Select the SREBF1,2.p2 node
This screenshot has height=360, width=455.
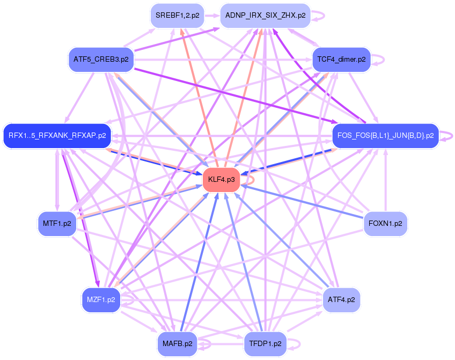point(177,16)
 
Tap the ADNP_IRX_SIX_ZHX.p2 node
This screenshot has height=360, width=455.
point(265,16)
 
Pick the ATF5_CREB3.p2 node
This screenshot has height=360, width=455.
point(101,59)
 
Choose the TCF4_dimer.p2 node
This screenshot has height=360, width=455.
point(341,59)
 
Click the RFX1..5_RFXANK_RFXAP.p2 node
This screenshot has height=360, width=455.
point(57,135)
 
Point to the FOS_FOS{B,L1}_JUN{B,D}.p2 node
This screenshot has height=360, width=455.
point(385,135)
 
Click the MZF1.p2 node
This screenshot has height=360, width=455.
point(101,299)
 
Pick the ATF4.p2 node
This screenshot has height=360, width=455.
point(341,299)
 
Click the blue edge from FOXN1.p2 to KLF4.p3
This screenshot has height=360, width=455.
point(300,201)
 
